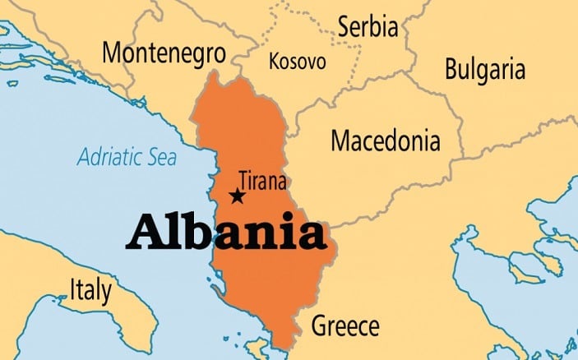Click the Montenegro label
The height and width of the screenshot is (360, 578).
164,53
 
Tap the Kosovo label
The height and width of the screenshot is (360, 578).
297,61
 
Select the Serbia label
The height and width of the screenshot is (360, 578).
368,27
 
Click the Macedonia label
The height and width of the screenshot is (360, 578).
385,141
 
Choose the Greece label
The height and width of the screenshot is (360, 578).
344,325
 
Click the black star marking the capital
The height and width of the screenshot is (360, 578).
238,196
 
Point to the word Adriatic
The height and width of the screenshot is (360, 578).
105,156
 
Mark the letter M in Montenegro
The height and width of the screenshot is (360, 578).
113,53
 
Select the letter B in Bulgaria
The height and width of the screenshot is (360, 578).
451,68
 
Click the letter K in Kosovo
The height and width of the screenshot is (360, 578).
274,61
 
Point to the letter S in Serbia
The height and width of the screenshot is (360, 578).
344,27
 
